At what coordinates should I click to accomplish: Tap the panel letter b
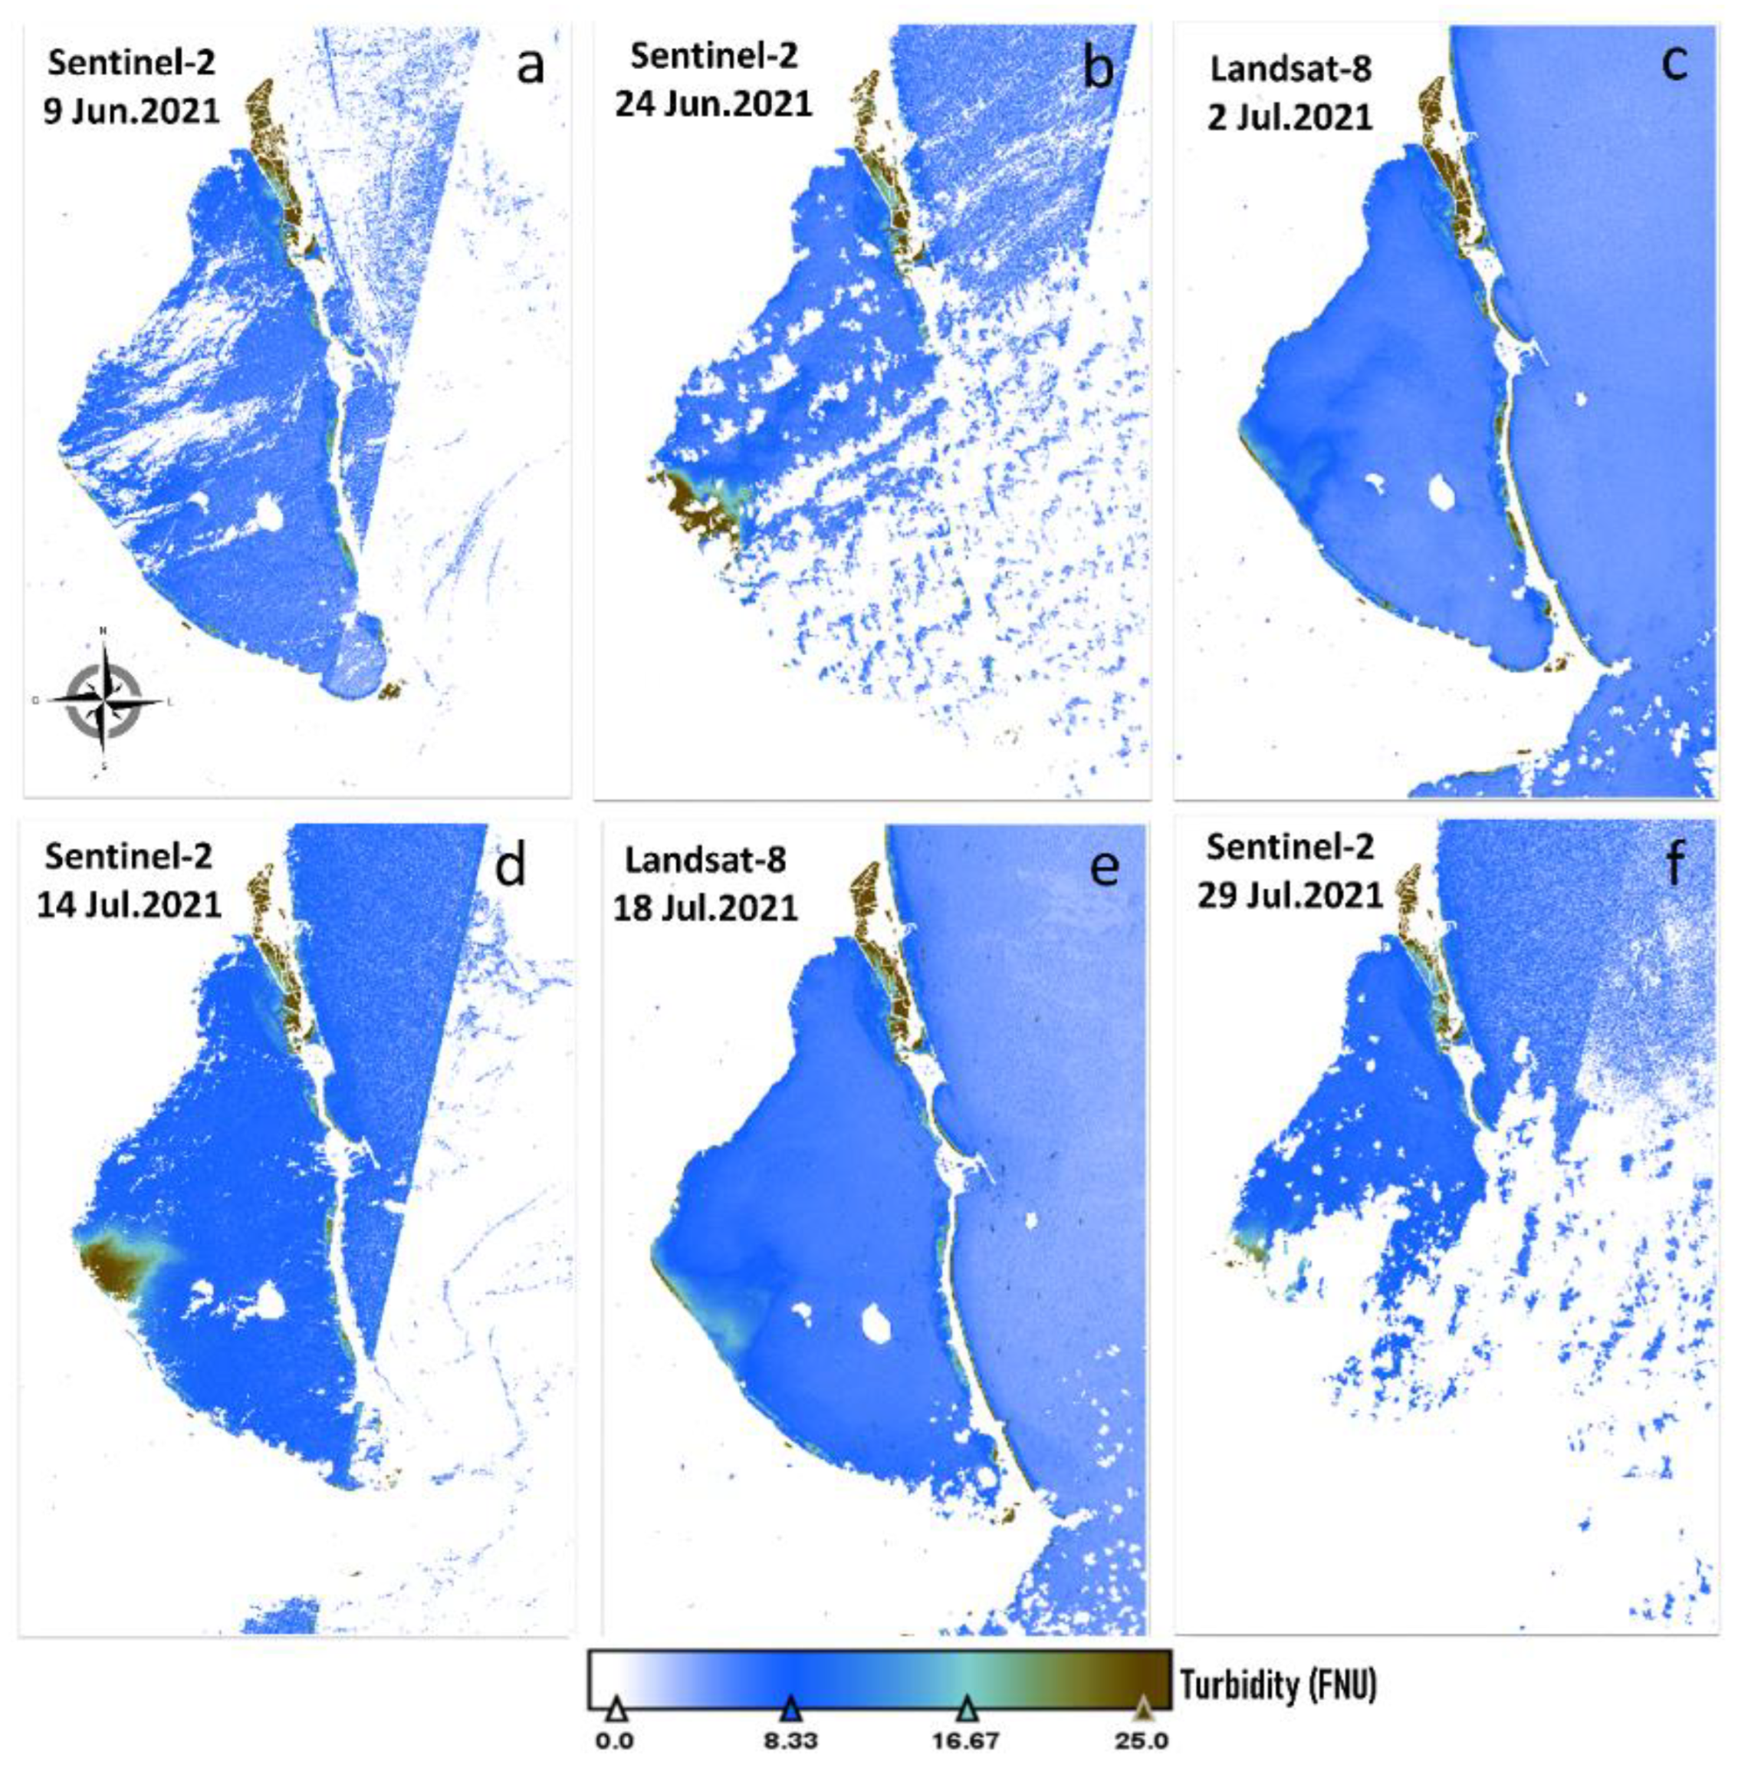click(x=1097, y=68)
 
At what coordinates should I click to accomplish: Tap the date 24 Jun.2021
click(x=713, y=104)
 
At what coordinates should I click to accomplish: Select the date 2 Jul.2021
click(x=1289, y=118)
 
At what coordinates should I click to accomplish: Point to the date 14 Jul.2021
click(x=129, y=904)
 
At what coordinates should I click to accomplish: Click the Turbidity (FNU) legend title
click(x=1277, y=1685)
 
